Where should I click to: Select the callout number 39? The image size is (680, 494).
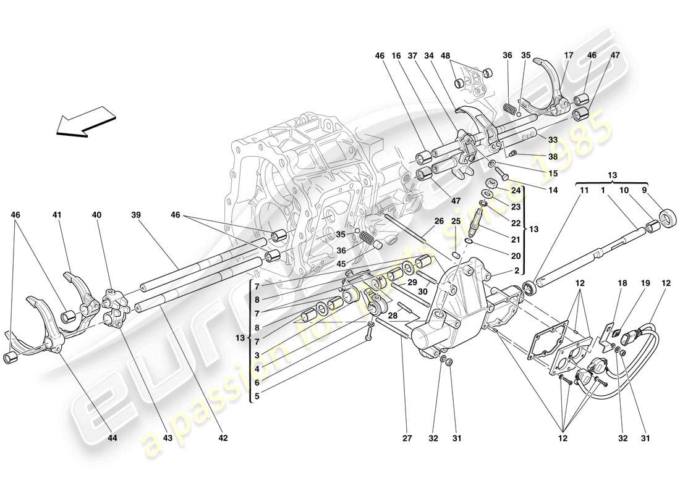(x=136, y=215)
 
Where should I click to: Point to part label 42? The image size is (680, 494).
(x=223, y=438)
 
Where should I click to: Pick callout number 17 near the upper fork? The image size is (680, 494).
(x=568, y=56)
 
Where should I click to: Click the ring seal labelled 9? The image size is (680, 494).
(x=667, y=217)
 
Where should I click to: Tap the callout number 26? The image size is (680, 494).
(x=438, y=222)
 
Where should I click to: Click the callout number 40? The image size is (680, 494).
(x=96, y=215)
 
